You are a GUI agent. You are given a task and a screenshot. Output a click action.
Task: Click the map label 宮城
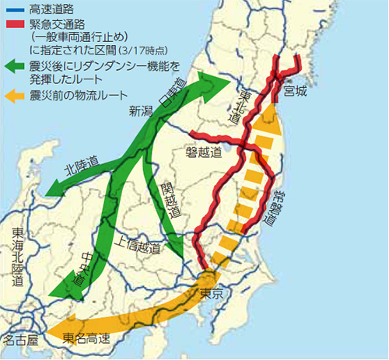coord(296,93)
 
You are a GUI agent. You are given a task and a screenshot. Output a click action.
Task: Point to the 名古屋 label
coord(19,341)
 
